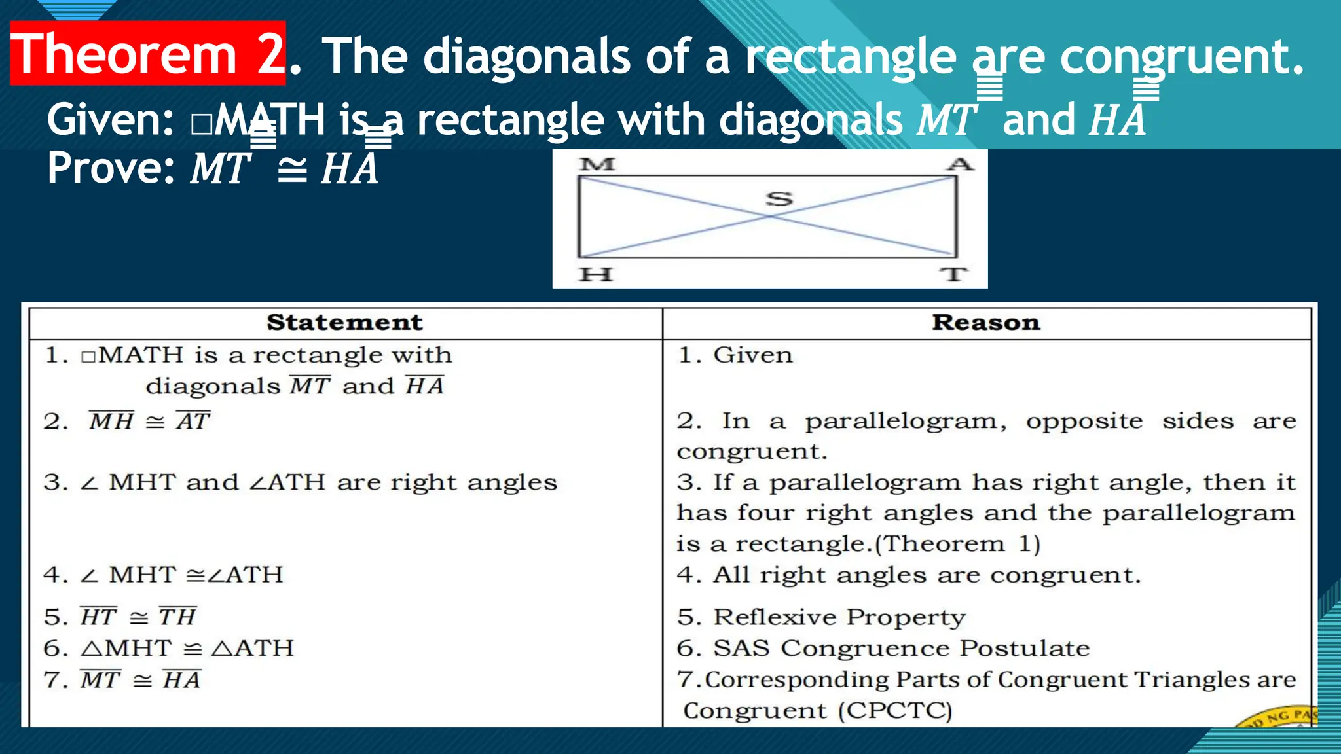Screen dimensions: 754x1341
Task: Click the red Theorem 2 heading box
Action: coord(148,54)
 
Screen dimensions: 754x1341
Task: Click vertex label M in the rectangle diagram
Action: coord(597,164)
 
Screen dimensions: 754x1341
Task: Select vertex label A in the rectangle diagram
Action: coord(960,164)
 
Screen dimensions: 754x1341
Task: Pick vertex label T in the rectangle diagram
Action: coord(954,274)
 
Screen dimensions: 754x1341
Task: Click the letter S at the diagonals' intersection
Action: coord(779,198)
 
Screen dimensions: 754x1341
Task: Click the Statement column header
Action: coord(344,323)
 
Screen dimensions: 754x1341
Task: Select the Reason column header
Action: coord(985,323)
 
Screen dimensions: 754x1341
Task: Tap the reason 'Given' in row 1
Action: coord(752,355)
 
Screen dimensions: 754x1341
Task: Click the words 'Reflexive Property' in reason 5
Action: coord(839,617)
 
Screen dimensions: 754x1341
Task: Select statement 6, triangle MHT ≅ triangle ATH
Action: coord(187,649)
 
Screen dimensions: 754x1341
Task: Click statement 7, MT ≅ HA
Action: coord(140,680)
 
